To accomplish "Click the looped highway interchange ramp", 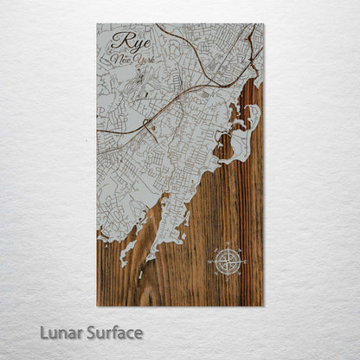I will [148, 123].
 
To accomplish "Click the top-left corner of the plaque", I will [97, 24].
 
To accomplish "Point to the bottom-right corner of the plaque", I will [263, 305].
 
